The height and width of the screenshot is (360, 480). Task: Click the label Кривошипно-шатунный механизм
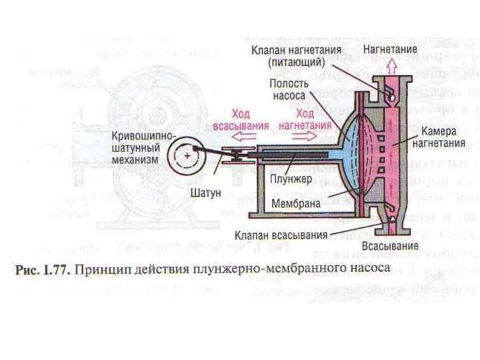pos(145,148)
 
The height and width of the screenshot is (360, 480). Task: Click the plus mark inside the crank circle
pos(188,155)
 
